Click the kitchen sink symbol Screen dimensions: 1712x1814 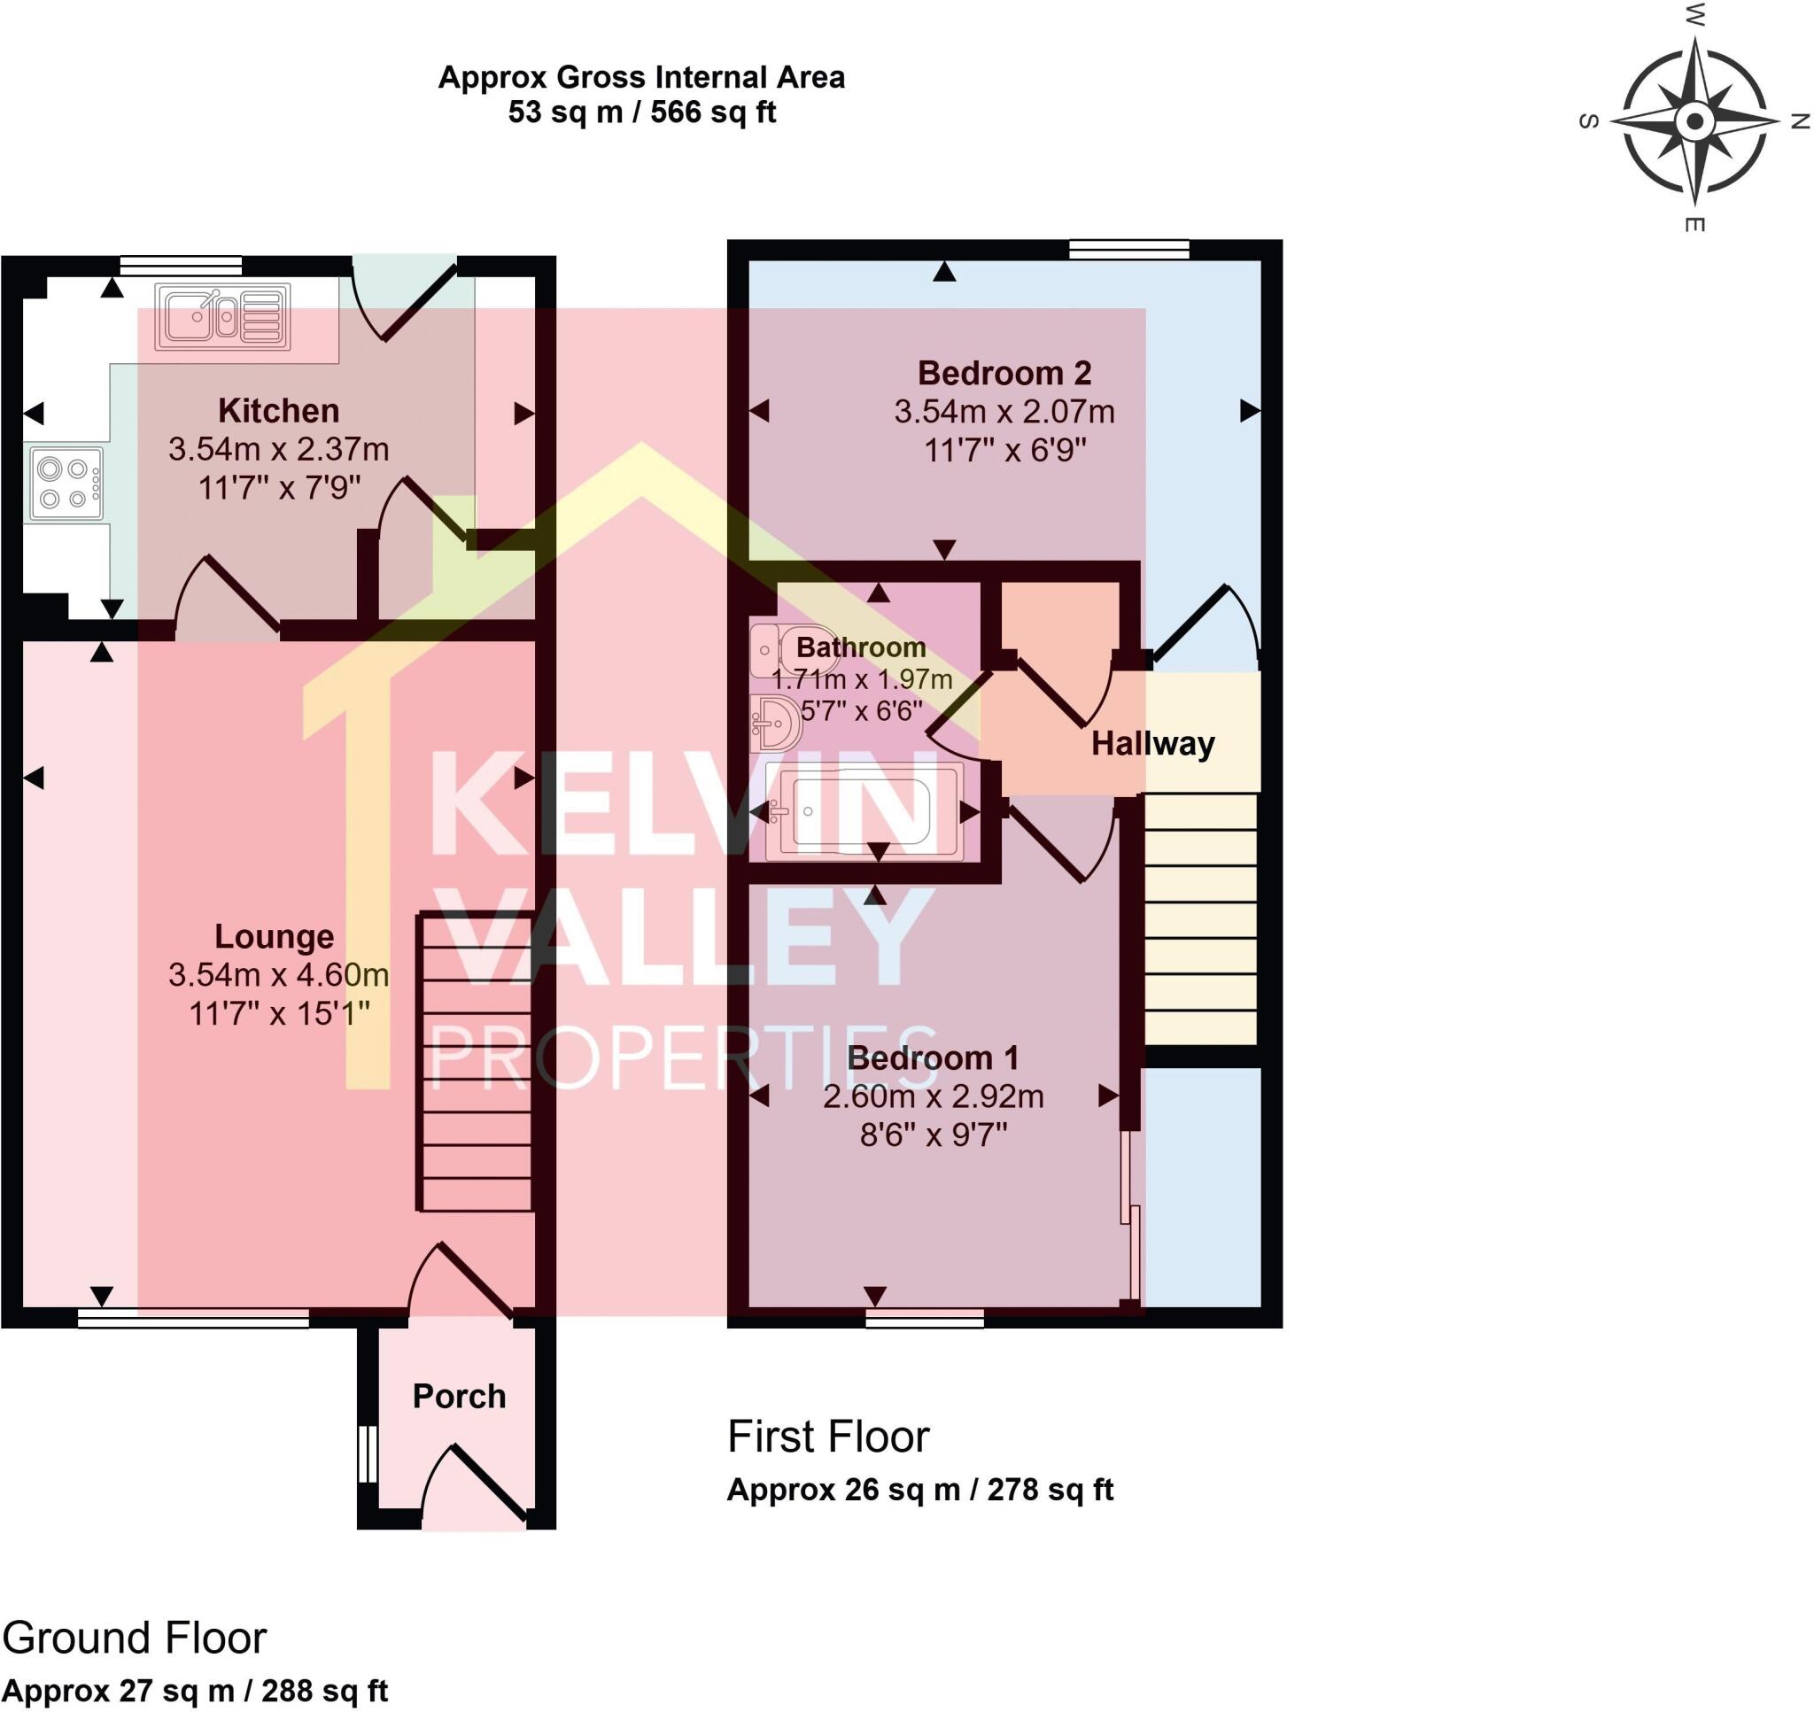221,317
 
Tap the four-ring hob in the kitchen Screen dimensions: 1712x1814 66,484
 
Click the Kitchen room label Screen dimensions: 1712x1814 278,411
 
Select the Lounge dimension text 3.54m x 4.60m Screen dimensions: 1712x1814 278,974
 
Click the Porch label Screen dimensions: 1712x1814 459,1396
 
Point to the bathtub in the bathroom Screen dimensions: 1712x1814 863,811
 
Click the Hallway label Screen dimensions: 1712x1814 1152,744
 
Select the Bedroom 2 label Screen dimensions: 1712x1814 1004,372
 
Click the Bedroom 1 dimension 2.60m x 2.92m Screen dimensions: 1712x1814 933,1096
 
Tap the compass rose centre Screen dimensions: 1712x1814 1694,120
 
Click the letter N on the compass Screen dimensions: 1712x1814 1800,120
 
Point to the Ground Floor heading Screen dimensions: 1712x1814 134,1638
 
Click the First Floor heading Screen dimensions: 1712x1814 827,1437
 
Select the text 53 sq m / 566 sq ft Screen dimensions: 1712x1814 641,112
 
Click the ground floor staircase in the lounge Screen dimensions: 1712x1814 476,1063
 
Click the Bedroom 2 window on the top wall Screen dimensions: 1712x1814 1128,249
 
